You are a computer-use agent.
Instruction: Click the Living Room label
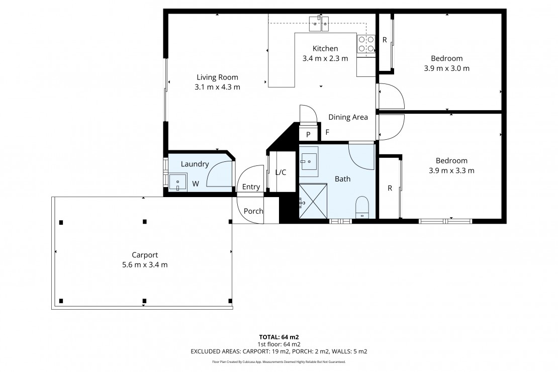click(x=218, y=77)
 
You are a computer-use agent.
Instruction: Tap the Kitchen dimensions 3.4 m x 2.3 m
click(x=325, y=58)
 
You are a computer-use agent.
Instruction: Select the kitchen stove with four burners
click(x=366, y=43)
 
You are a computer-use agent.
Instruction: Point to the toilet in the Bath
click(x=362, y=207)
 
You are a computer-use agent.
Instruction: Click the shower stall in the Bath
click(x=313, y=201)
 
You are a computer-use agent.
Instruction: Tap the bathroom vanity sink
click(x=309, y=161)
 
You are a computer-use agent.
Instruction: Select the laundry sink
click(x=177, y=182)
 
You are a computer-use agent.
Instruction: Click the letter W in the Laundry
click(x=196, y=183)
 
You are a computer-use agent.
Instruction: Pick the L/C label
click(x=281, y=172)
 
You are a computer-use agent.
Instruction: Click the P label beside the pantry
click(x=308, y=135)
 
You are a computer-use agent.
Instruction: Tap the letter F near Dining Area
click(x=327, y=132)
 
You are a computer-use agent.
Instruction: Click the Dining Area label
click(x=348, y=117)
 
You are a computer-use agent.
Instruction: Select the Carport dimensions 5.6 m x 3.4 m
click(x=145, y=265)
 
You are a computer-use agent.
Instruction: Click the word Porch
click(x=253, y=211)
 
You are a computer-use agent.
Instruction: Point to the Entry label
click(x=251, y=187)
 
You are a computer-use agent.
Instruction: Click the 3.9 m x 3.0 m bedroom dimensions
click(x=446, y=68)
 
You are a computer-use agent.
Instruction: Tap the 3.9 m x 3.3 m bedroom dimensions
click(x=451, y=170)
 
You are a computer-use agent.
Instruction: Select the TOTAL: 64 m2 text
click(x=278, y=337)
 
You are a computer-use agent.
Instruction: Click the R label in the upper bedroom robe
click(x=385, y=40)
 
